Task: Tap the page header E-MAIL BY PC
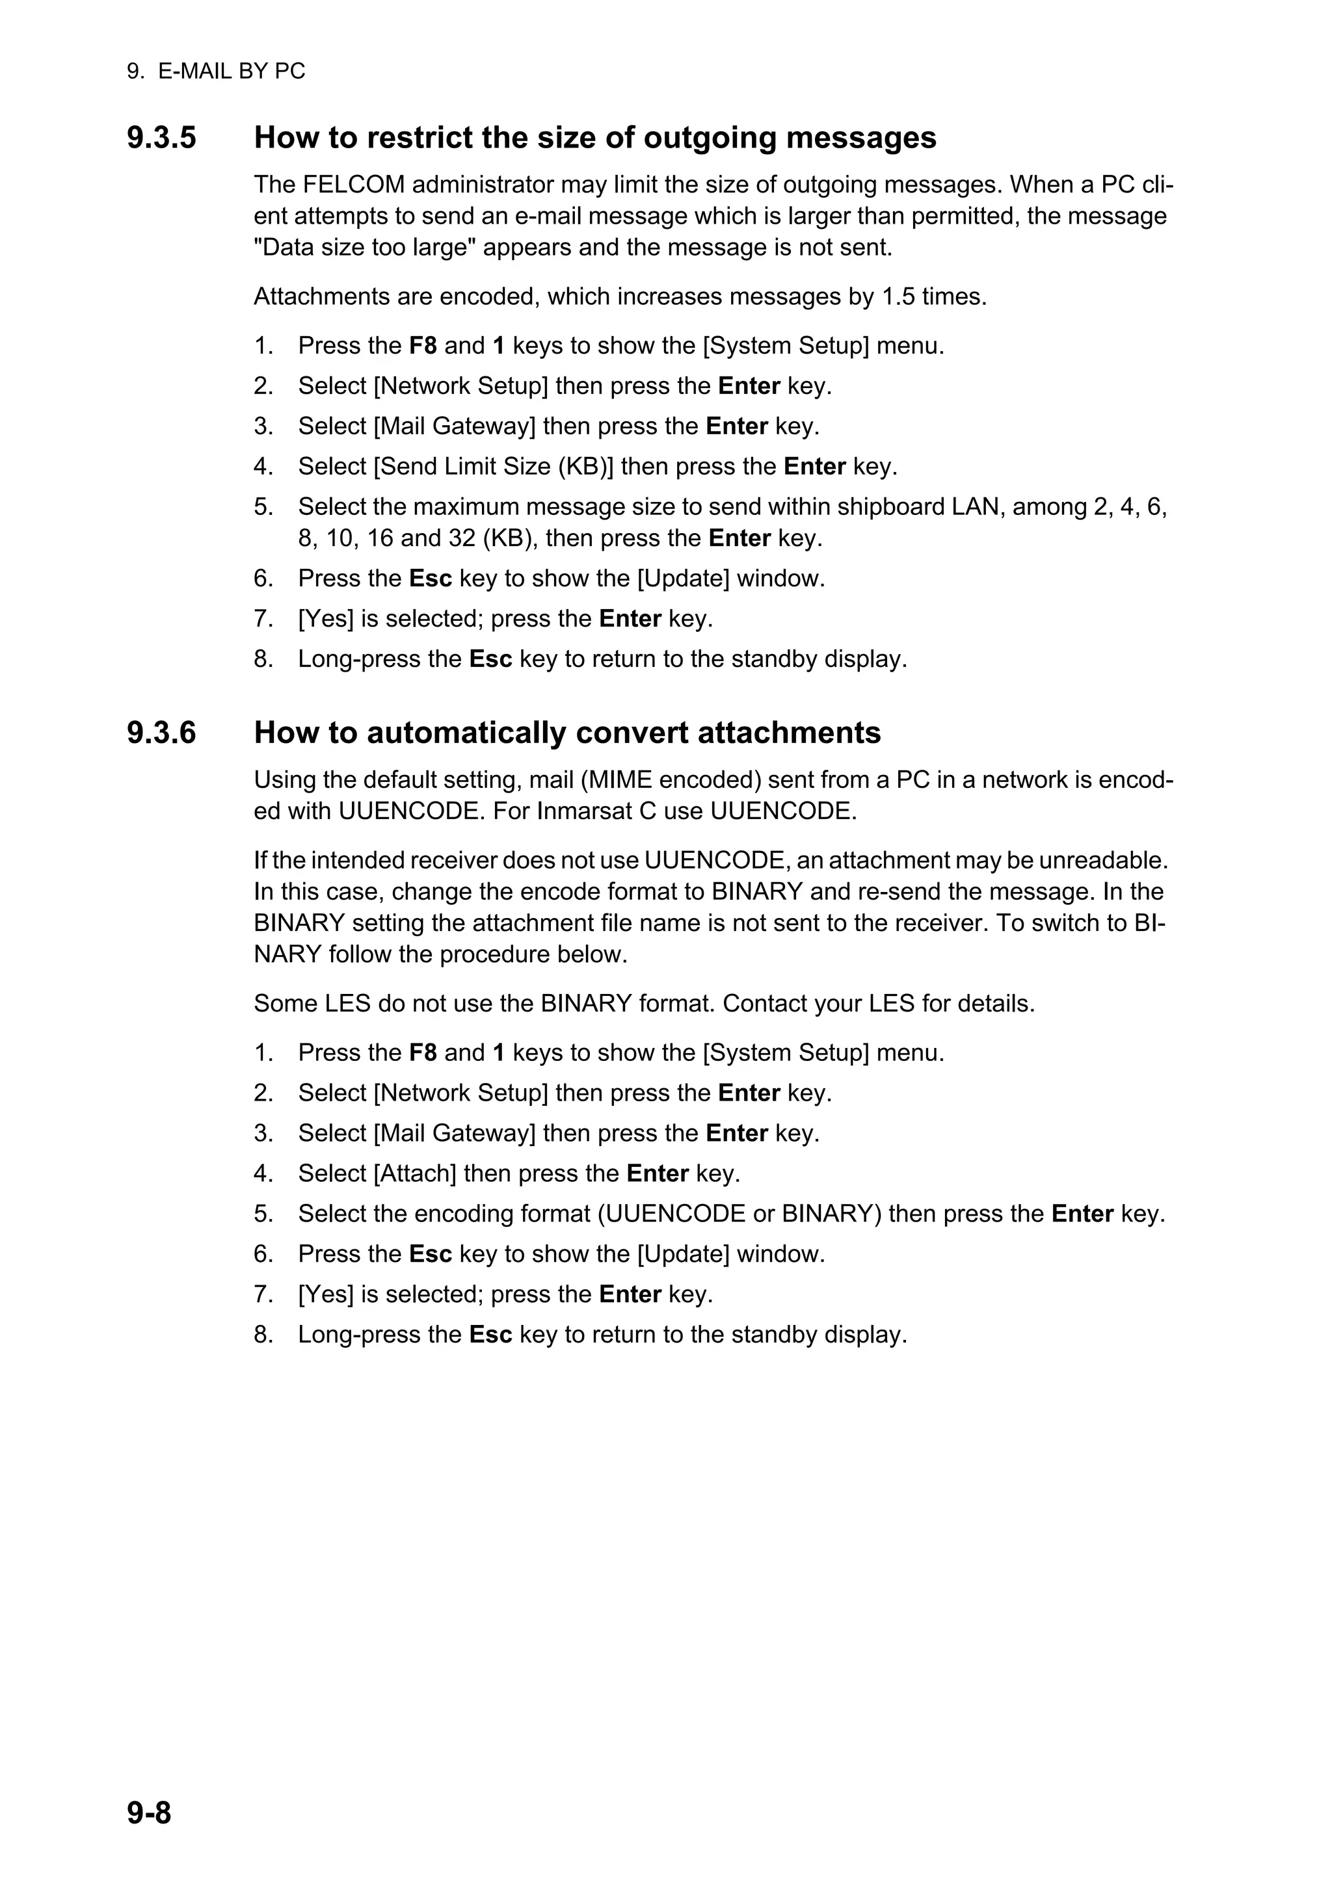click(x=231, y=72)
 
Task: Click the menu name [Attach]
click(x=414, y=1173)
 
